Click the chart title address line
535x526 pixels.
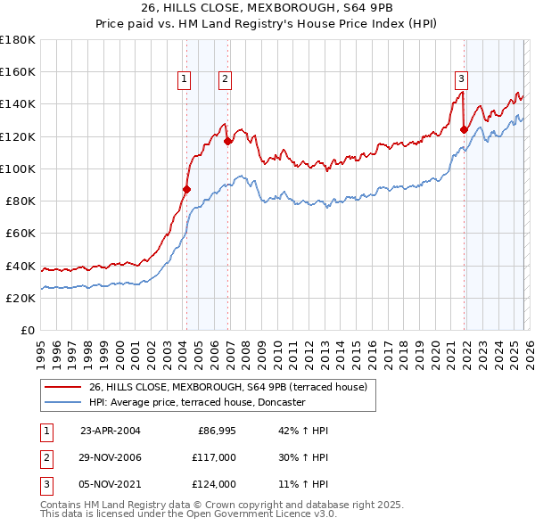point(267,9)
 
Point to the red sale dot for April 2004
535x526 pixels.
point(186,189)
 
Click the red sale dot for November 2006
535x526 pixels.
point(228,141)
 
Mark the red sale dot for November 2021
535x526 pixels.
point(464,129)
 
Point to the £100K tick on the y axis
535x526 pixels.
point(19,168)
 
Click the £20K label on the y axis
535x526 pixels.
point(21,298)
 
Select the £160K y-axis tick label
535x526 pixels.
point(19,71)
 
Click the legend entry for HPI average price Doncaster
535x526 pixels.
point(196,402)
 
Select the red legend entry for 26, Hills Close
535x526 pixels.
point(234,386)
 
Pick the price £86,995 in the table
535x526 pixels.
point(216,431)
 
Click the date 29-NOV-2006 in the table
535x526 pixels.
point(111,457)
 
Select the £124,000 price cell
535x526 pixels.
point(216,484)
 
